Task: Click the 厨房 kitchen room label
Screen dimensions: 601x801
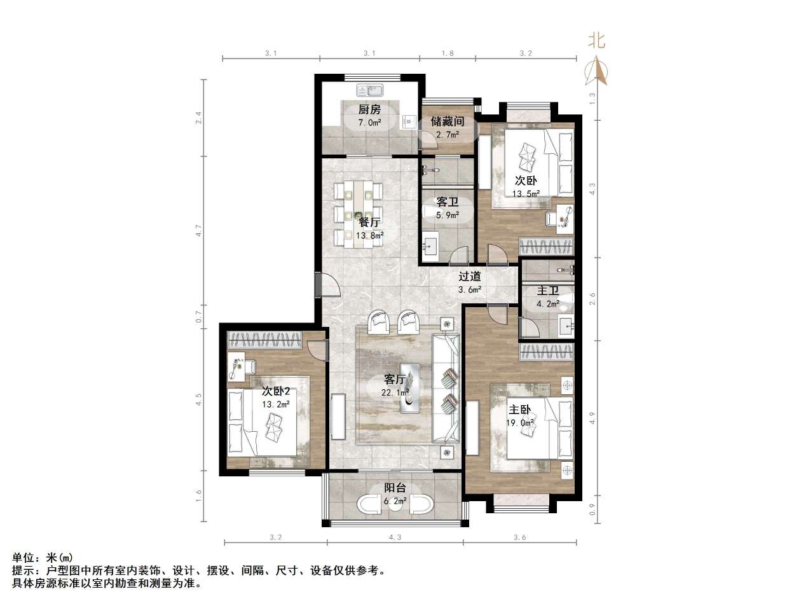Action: click(369, 109)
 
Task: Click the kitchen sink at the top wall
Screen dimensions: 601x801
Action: click(368, 90)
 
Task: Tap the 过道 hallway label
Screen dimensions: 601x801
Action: click(470, 277)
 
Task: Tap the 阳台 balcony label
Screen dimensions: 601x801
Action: click(395, 488)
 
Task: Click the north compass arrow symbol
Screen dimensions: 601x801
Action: click(596, 71)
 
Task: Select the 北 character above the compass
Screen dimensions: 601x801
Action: click(596, 41)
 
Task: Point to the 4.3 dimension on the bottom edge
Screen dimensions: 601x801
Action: click(395, 537)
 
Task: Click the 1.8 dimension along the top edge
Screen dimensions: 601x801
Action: click(447, 53)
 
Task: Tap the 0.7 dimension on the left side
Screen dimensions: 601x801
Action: click(198, 314)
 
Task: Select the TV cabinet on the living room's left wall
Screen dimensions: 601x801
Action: click(338, 417)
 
